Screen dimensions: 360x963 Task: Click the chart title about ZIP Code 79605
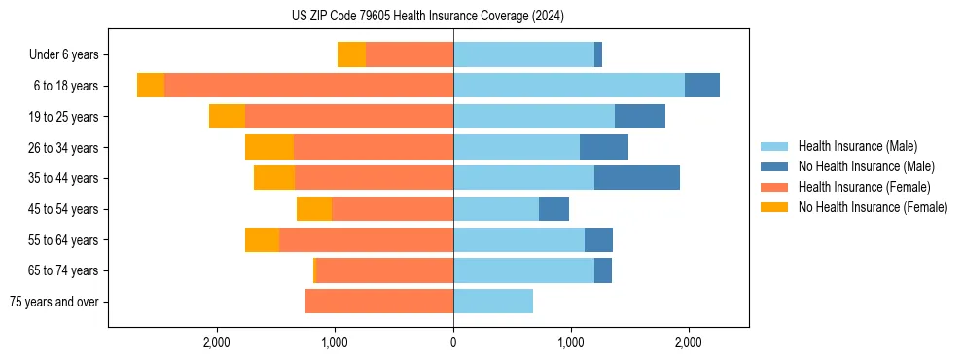pos(428,16)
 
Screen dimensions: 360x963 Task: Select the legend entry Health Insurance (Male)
pos(857,146)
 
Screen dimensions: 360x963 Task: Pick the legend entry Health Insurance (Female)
pos(864,187)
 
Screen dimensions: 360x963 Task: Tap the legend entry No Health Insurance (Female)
pos(873,207)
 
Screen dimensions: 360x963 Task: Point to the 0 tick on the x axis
pos(453,342)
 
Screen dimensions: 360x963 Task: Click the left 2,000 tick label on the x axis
pos(217,342)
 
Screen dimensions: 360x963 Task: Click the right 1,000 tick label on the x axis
pos(571,342)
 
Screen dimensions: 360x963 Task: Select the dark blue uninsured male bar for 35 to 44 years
pos(637,178)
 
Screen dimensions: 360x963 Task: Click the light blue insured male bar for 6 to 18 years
pos(569,86)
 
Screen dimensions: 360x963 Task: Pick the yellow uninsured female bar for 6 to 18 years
pos(151,86)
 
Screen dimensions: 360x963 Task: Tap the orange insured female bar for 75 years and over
pos(379,302)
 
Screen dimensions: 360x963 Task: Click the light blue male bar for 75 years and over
pos(493,302)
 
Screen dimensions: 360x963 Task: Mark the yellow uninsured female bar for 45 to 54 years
pos(314,209)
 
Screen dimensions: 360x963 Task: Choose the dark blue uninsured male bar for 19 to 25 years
pos(640,117)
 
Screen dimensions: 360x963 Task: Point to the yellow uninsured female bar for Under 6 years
pos(351,54)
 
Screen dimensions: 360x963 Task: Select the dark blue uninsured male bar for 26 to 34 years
pos(604,147)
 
